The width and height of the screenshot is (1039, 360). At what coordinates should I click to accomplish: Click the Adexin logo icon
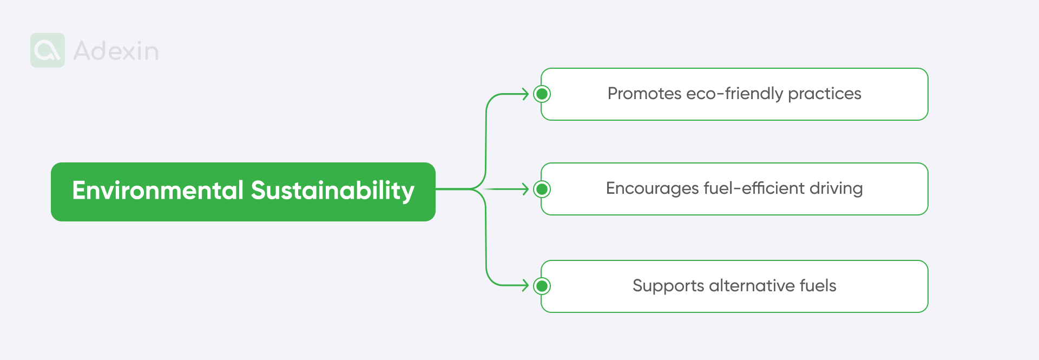(48, 50)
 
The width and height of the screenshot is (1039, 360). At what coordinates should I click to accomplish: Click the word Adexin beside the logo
(116, 51)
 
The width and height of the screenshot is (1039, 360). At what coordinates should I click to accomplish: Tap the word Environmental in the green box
(158, 191)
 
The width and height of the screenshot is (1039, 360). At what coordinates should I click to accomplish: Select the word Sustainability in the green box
(332, 191)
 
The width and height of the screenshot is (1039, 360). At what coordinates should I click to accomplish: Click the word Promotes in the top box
(644, 94)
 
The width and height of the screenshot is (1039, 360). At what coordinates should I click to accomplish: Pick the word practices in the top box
(824, 94)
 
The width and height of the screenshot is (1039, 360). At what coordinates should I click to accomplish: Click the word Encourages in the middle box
(652, 188)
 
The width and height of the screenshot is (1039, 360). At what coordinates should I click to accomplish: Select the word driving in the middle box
(836, 188)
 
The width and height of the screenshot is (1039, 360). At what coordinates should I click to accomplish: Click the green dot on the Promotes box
(542, 94)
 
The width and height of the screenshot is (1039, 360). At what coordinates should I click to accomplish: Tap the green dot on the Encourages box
(542, 189)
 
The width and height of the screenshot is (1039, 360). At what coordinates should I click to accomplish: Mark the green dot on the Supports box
(542, 286)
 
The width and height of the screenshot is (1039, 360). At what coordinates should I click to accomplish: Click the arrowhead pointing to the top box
(525, 94)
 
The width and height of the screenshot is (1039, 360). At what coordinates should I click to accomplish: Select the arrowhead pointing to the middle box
(525, 189)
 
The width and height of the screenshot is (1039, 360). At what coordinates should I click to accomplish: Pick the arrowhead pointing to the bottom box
(525, 285)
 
